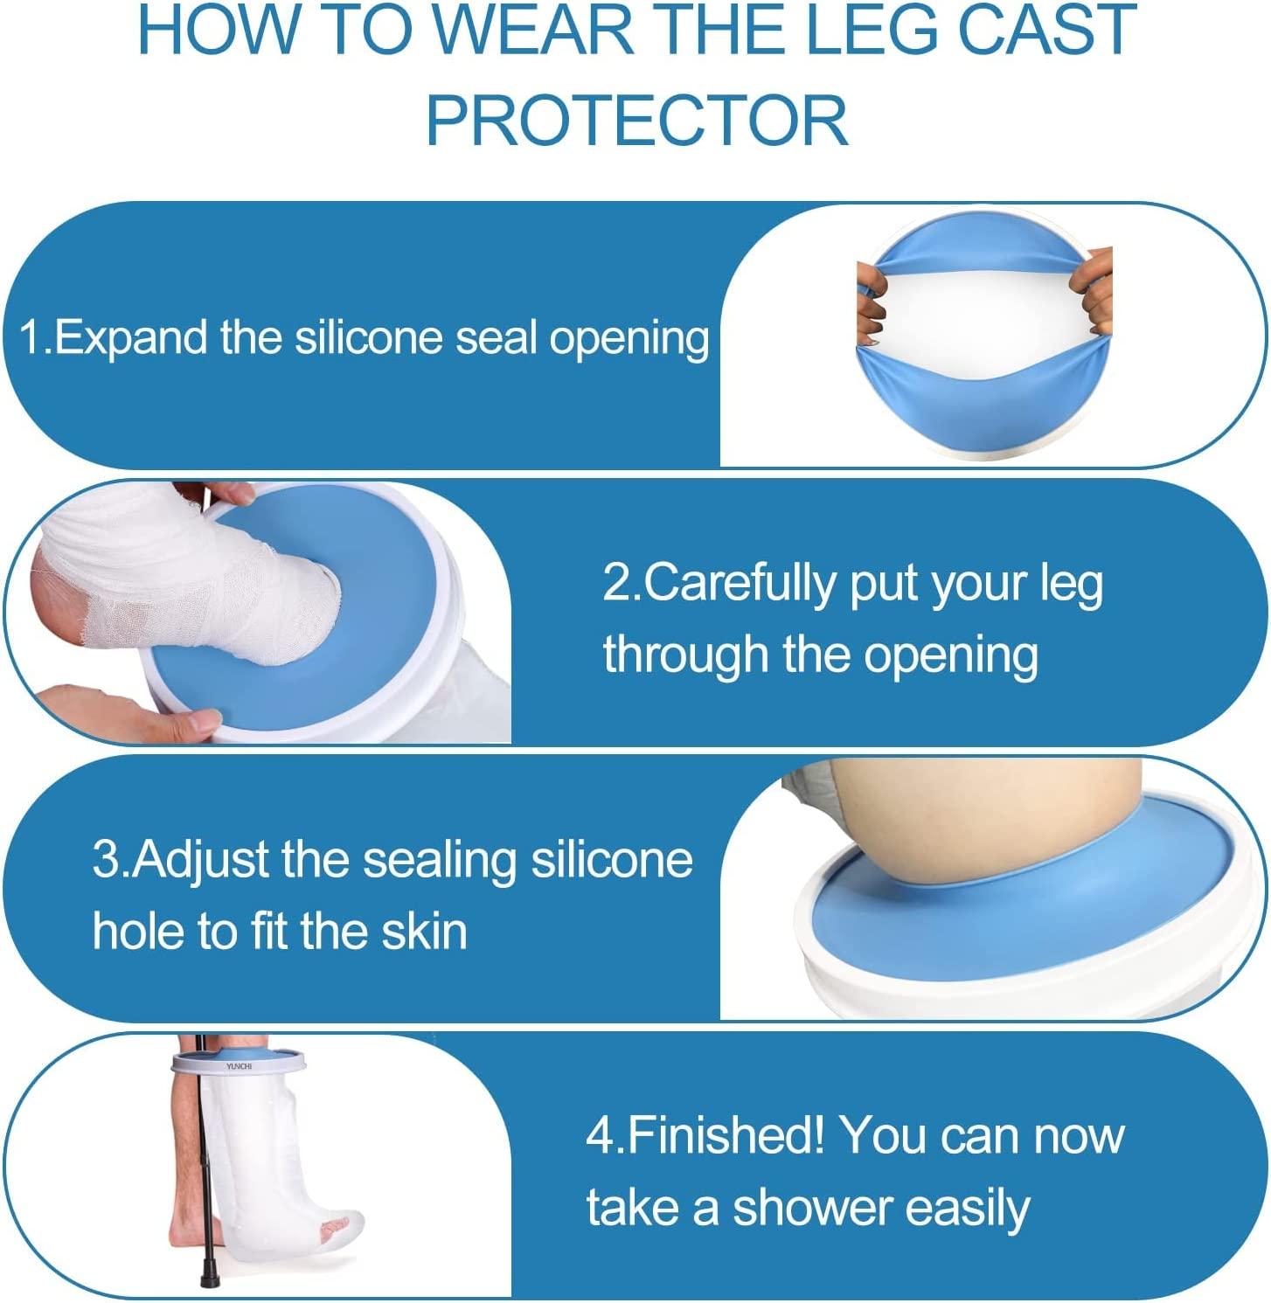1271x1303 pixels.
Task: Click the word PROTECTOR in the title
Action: [x=636, y=121]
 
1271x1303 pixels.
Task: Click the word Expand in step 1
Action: [x=129, y=338]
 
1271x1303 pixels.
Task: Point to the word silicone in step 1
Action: [x=368, y=338]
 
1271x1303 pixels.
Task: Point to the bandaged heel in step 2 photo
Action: [x=61, y=603]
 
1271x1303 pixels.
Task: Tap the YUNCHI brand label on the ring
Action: [x=239, y=1066]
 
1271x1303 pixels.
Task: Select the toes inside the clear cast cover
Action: [x=337, y=1233]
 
